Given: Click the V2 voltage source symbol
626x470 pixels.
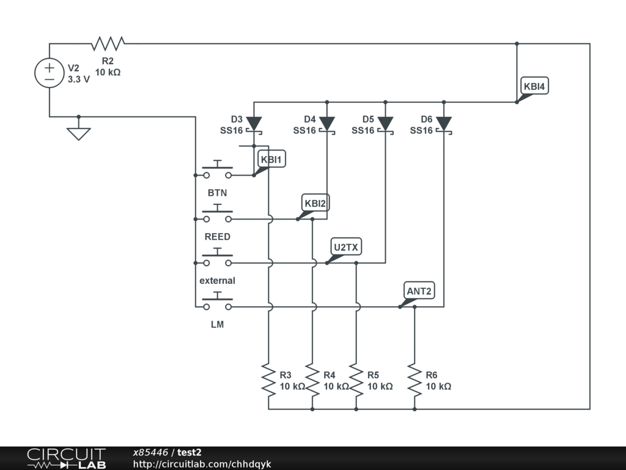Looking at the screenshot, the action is pos(50,73).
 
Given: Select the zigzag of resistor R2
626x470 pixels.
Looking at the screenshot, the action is pos(108,43).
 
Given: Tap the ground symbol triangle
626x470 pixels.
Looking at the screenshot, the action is pos(79,134).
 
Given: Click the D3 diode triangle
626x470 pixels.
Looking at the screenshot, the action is pos(254,124).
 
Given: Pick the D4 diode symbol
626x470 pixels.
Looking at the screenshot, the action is pos(327,124).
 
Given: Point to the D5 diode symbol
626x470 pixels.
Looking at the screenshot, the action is pos(385,124).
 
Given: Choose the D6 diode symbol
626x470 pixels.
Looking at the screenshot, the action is pos(444,124).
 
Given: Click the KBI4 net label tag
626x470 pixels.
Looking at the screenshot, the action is pos(534,86).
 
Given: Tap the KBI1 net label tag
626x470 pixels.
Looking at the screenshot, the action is pos(271,159).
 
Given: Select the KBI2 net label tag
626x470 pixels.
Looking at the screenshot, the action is pos(315,203).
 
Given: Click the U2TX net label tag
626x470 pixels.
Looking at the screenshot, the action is pos(346,247).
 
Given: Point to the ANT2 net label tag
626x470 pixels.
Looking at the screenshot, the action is pos(419,291).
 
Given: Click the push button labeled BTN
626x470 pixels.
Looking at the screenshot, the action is pos(217,171).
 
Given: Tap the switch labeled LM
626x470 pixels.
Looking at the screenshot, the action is pos(217,302).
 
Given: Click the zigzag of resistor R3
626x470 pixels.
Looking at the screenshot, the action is pos(269,379).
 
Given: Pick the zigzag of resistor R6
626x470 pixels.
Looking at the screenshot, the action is pos(415,379).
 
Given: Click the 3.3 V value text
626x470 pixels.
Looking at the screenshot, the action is pos(79,79).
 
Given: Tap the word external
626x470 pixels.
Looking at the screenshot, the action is pos(217,280).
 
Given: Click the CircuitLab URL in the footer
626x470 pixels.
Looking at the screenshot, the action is pos(202,464).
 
